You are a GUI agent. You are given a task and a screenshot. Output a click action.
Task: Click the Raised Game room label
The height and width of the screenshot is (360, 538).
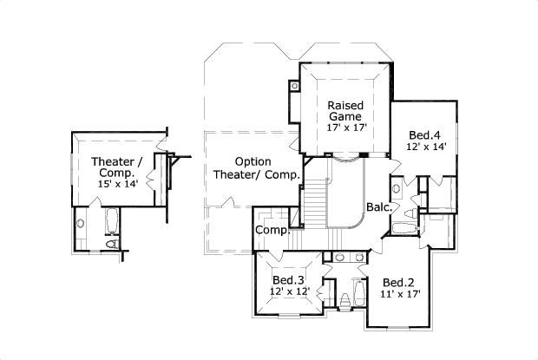pyautogui.click(x=345, y=110)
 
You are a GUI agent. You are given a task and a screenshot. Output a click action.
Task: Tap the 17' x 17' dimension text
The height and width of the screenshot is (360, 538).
pyautogui.click(x=347, y=128)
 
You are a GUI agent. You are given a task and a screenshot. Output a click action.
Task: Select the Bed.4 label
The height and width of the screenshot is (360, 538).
pyautogui.click(x=424, y=135)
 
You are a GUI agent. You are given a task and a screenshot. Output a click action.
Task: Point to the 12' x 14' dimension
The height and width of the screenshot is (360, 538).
pyautogui.click(x=426, y=147)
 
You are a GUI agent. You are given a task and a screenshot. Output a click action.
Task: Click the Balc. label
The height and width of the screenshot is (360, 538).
pyautogui.click(x=379, y=207)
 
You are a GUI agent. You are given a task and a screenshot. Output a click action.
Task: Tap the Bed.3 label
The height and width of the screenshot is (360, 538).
pyautogui.click(x=288, y=280)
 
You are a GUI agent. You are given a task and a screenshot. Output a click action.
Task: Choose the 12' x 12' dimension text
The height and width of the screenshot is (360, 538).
pyautogui.click(x=290, y=291)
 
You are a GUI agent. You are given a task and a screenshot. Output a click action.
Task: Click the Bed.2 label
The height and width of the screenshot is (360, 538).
pyautogui.click(x=398, y=283)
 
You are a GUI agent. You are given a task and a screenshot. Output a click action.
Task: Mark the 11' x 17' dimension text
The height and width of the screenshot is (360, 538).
pyautogui.click(x=400, y=294)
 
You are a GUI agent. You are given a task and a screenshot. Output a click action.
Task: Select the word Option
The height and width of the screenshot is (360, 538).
pyautogui.click(x=253, y=161)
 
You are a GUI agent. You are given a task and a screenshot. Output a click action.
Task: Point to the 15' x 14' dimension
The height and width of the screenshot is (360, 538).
pyautogui.click(x=118, y=184)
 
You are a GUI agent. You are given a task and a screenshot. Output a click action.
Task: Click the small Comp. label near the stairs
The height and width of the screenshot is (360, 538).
pyautogui.click(x=272, y=230)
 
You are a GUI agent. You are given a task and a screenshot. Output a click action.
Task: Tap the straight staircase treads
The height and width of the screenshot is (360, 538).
pyautogui.click(x=315, y=205)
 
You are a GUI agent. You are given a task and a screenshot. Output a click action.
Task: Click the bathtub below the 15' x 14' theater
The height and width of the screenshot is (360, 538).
pyautogui.click(x=112, y=221)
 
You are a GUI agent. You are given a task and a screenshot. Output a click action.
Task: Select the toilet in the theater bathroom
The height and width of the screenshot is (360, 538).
pyautogui.click(x=112, y=244)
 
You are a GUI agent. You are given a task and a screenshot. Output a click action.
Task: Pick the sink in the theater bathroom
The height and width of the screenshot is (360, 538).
pyautogui.click(x=81, y=224)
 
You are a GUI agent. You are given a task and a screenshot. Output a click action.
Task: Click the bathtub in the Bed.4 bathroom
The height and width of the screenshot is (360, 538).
pyautogui.click(x=404, y=229)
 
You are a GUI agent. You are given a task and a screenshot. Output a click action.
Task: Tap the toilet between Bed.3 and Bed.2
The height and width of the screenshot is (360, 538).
pyautogui.click(x=345, y=301)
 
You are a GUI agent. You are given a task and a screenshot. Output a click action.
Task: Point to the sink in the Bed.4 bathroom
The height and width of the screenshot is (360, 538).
pyautogui.click(x=397, y=188)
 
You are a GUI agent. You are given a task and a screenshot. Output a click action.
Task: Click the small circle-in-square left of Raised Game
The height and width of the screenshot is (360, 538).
pyautogui.click(x=294, y=86)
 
